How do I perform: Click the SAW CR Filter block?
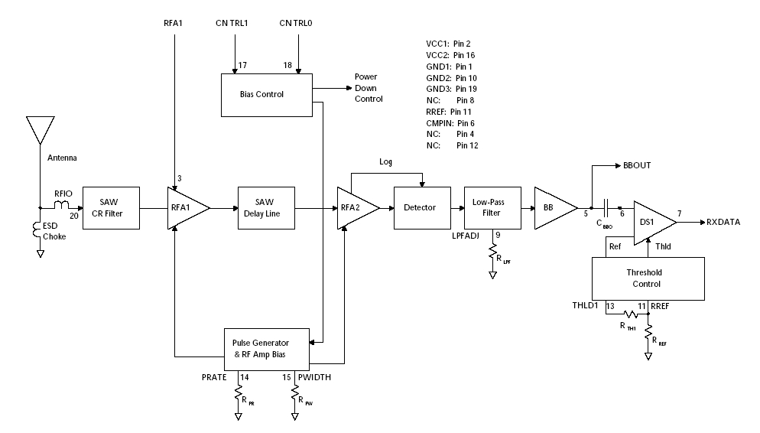click(111, 207)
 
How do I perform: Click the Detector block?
click(420, 207)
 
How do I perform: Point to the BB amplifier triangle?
click(552, 207)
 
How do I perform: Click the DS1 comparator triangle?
click(652, 223)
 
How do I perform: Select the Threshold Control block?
click(648, 278)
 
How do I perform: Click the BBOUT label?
click(638, 164)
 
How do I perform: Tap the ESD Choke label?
click(54, 231)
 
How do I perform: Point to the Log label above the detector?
click(385, 162)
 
